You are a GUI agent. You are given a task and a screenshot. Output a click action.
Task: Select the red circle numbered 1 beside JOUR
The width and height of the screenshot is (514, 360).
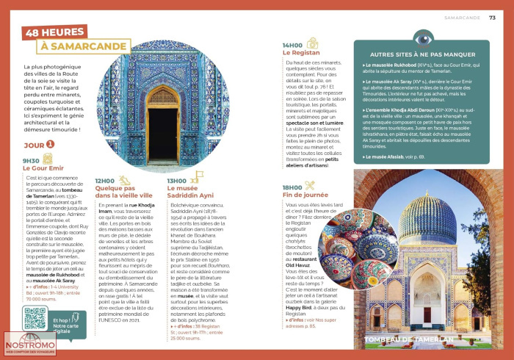pyautogui.click(x=50, y=145)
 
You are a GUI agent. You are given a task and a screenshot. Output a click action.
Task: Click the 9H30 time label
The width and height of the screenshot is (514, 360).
pyautogui.click(x=31, y=159)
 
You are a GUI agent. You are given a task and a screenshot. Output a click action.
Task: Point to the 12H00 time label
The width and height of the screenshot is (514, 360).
pyautogui.click(x=105, y=180)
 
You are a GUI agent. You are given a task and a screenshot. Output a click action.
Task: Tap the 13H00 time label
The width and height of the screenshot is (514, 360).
pyautogui.click(x=176, y=180)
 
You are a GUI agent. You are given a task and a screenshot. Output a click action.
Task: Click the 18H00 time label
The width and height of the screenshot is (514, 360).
pyautogui.click(x=293, y=187)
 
